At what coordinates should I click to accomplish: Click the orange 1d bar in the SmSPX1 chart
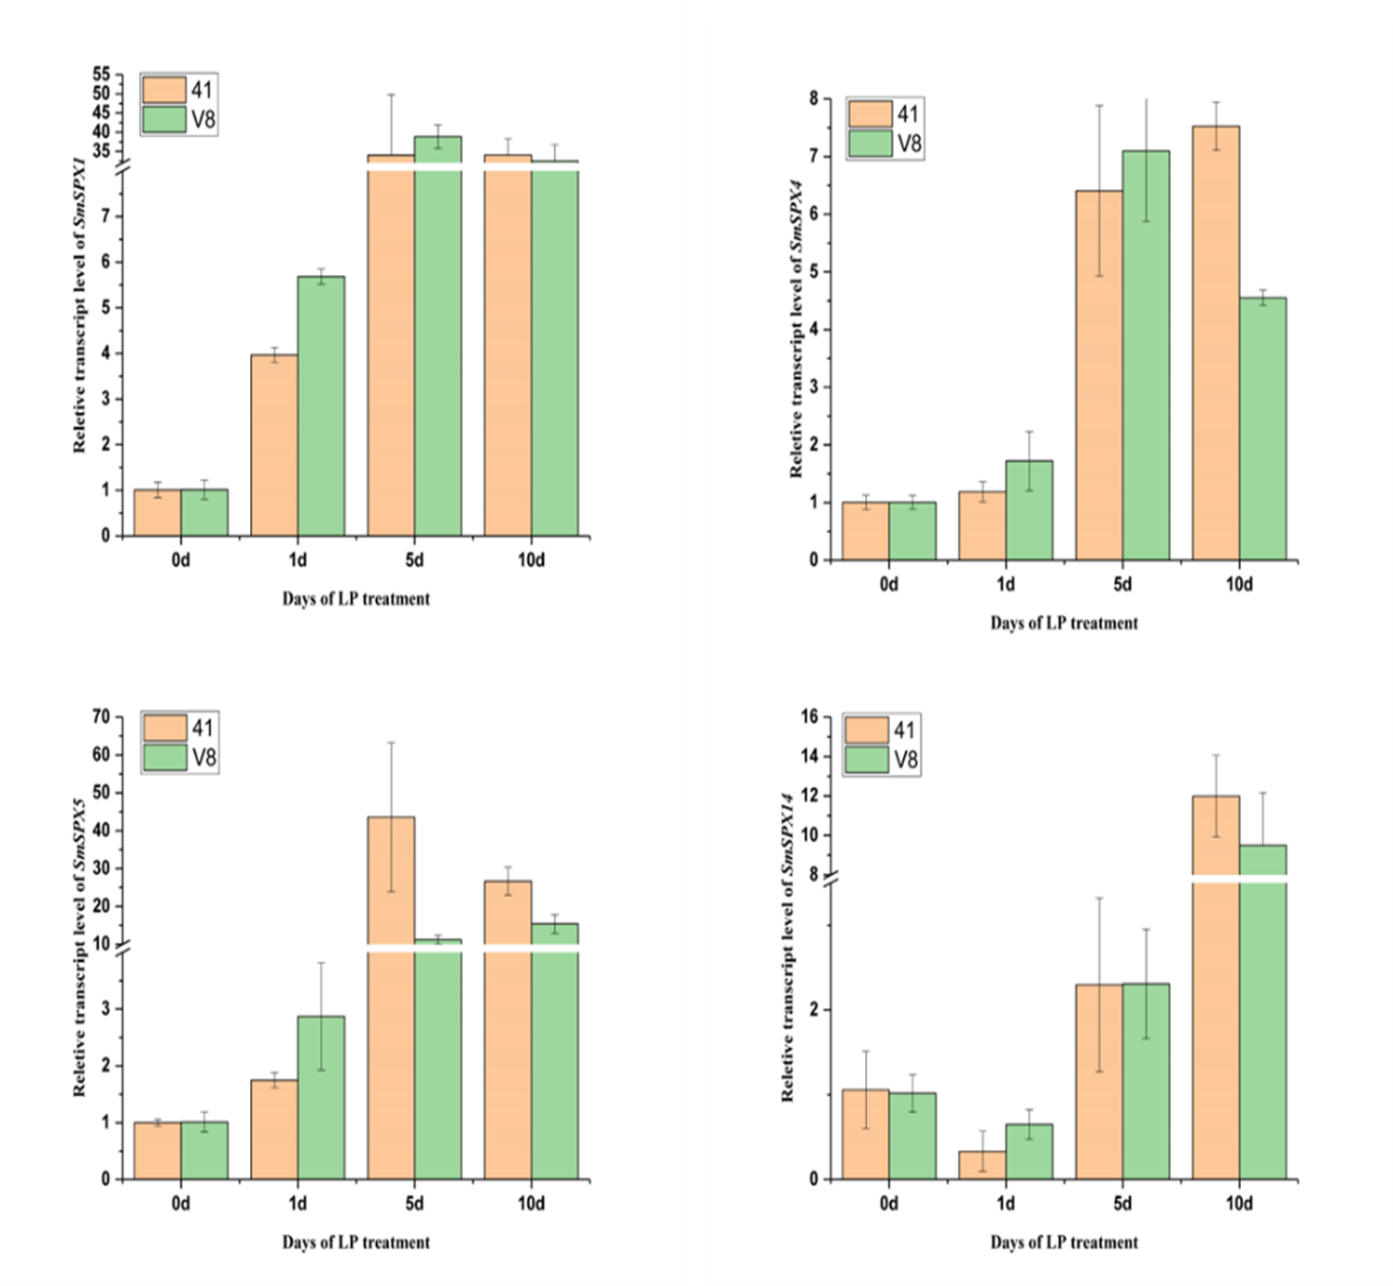(274, 444)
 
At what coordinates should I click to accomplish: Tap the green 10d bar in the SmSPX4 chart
(1262, 429)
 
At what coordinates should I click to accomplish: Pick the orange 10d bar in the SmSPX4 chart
(1215, 343)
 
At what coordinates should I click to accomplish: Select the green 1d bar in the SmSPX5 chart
(320, 1097)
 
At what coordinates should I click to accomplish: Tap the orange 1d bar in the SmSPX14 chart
(982, 1165)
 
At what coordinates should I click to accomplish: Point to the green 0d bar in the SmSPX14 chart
(912, 1135)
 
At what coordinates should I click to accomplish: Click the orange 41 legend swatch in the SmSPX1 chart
(164, 90)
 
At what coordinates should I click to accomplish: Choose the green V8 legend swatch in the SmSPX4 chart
(871, 144)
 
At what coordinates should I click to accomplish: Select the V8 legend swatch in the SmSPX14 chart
(867, 759)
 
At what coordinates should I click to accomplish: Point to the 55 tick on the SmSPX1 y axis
(101, 74)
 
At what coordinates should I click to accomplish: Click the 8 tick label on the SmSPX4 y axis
(813, 98)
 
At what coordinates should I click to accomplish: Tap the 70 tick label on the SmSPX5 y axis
(101, 717)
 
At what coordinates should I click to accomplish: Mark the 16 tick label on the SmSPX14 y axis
(809, 717)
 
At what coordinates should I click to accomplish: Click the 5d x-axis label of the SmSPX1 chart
(414, 560)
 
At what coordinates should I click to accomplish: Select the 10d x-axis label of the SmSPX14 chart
(1238, 1204)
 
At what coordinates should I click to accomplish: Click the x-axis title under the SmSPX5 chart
(356, 1242)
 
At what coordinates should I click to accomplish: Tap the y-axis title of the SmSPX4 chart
(796, 329)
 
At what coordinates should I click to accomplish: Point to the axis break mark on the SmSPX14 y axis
(830, 877)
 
